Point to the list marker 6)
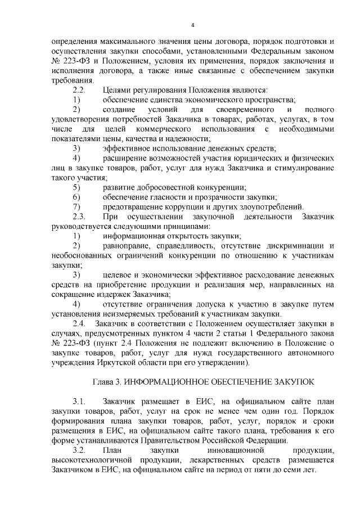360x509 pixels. [x=76, y=197]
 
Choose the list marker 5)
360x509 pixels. [x=76, y=187]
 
